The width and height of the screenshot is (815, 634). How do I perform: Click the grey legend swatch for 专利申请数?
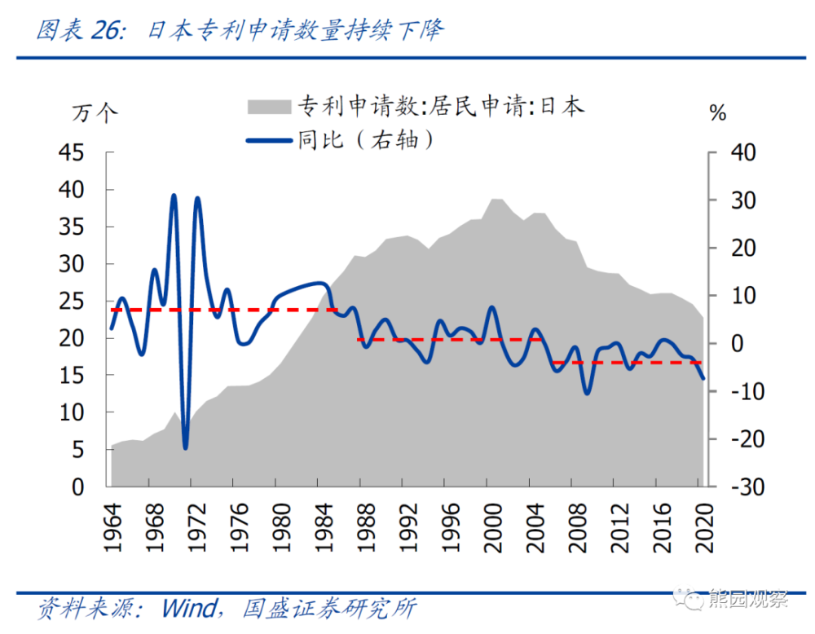(269, 106)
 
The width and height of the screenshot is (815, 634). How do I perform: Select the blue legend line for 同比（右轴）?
(269, 141)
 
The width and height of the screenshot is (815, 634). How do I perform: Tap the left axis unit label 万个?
(95, 113)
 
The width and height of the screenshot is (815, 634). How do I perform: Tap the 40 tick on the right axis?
(743, 152)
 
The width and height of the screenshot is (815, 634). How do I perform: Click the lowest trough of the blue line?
(185, 447)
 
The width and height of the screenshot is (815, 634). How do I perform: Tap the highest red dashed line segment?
(224, 310)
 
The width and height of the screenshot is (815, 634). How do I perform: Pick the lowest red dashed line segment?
(628, 362)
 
